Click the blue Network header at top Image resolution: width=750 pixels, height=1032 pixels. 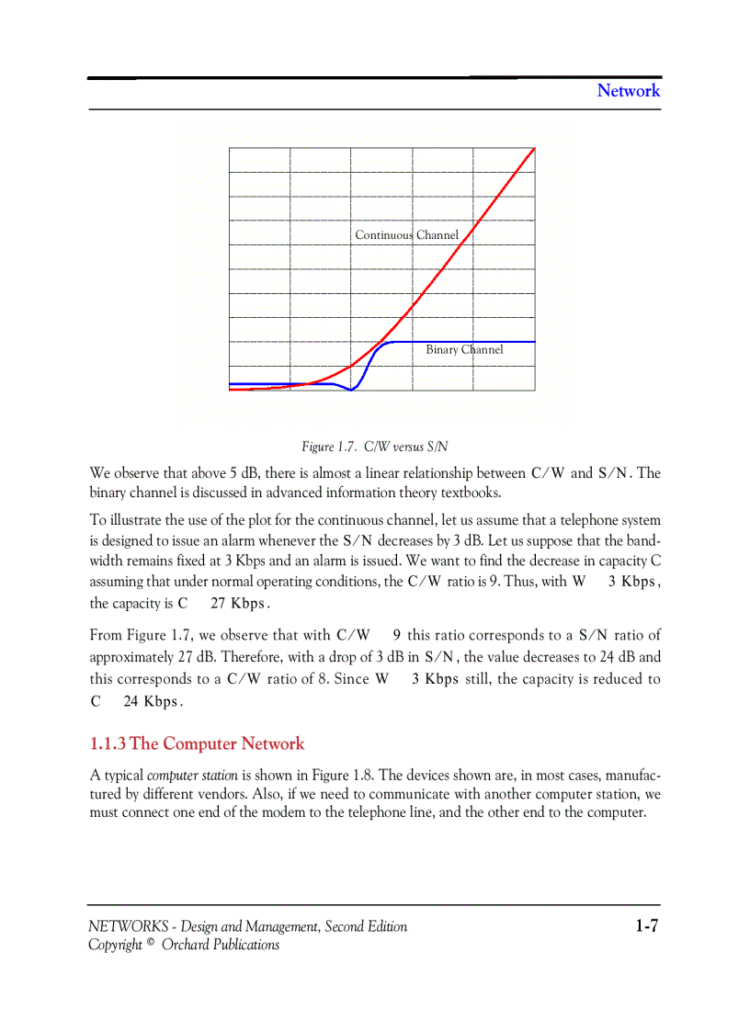point(629,90)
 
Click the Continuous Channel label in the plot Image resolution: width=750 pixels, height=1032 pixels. point(406,235)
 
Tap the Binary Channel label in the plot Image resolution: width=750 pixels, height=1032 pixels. point(464,350)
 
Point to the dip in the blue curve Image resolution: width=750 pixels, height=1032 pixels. point(351,390)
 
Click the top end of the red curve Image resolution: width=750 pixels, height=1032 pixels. point(534,148)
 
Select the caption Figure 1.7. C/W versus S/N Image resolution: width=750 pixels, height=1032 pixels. point(375,447)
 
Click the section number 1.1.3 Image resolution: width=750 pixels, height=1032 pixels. point(108,743)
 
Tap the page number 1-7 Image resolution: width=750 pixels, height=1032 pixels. point(646,926)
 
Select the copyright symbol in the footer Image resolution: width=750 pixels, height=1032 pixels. point(151,943)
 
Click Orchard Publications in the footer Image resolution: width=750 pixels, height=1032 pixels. point(221,945)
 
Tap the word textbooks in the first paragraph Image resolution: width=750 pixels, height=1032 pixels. point(471,493)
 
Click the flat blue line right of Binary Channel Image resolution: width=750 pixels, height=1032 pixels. point(519,342)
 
